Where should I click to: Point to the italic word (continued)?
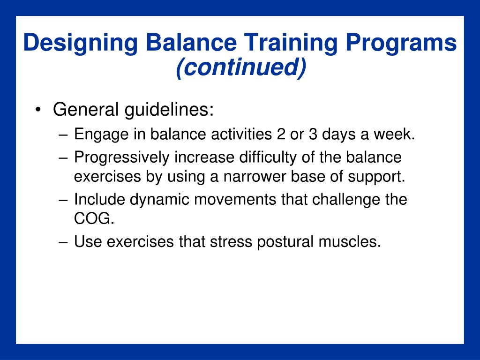[x=241, y=67]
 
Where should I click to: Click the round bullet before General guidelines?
[x=38, y=110]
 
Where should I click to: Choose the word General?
[x=86, y=109]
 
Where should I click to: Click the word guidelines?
[x=169, y=110]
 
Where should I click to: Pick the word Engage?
[x=101, y=135]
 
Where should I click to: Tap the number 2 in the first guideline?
[x=281, y=134]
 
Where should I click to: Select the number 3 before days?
[x=313, y=134]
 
